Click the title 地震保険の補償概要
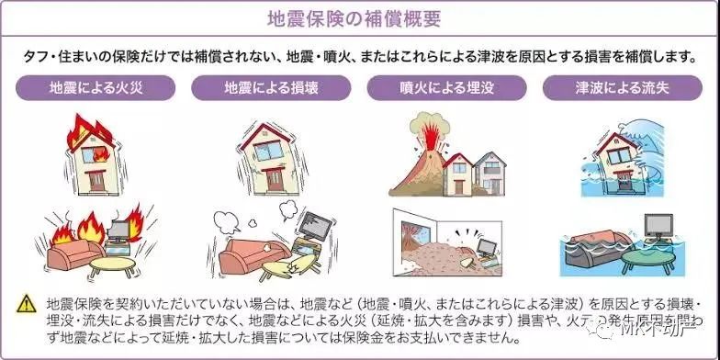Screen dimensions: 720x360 coord(359,17)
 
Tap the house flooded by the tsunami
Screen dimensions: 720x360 coord(610,170)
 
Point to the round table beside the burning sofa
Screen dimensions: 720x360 coord(109,266)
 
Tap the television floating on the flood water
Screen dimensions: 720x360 coord(660,226)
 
